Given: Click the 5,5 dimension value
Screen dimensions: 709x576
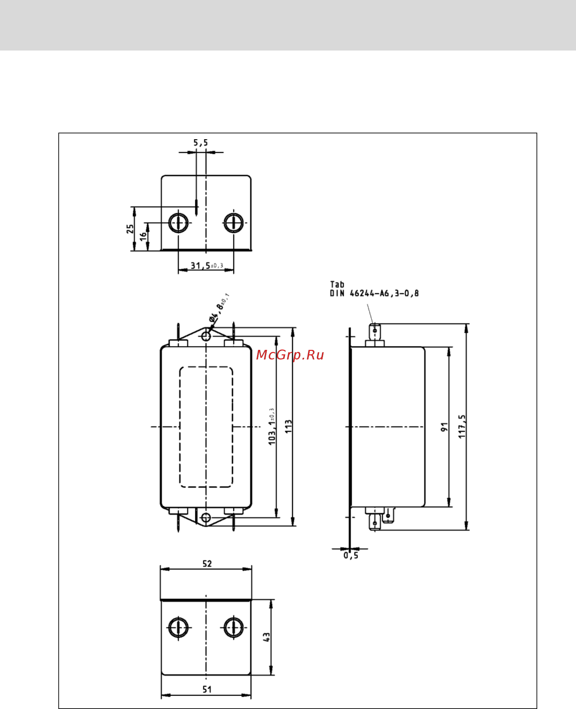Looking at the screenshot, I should [x=200, y=143].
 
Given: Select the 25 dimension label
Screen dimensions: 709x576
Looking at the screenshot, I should [x=130, y=229].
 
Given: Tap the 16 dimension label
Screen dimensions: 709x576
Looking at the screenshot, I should [x=143, y=236].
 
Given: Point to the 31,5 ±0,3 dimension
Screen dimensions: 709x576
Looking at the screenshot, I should [x=206, y=266].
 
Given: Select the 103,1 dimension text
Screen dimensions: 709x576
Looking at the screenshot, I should [x=272, y=427].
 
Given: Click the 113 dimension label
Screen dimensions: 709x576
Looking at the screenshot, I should [x=288, y=426].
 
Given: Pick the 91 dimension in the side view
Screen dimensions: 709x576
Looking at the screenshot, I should [x=445, y=427].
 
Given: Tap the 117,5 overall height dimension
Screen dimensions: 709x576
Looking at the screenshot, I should [x=462, y=426].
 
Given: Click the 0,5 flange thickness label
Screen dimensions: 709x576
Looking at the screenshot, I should [x=351, y=555].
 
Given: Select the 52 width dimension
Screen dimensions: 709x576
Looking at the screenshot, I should [x=207, y=564].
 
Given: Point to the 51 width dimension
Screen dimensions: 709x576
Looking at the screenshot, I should [x=207, y=689].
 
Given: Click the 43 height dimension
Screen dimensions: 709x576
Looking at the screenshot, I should [x=267, y=637].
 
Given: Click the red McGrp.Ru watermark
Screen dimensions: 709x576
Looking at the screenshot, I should [x=290, y=355].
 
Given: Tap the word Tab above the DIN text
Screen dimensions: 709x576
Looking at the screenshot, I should [x=337, y=285].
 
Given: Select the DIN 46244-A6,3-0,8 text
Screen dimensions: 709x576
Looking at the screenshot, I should [x=374, y=293].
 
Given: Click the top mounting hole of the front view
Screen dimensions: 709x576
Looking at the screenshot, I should [x=206, y=336].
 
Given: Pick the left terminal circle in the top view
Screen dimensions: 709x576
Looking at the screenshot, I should [x=178, y=222].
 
